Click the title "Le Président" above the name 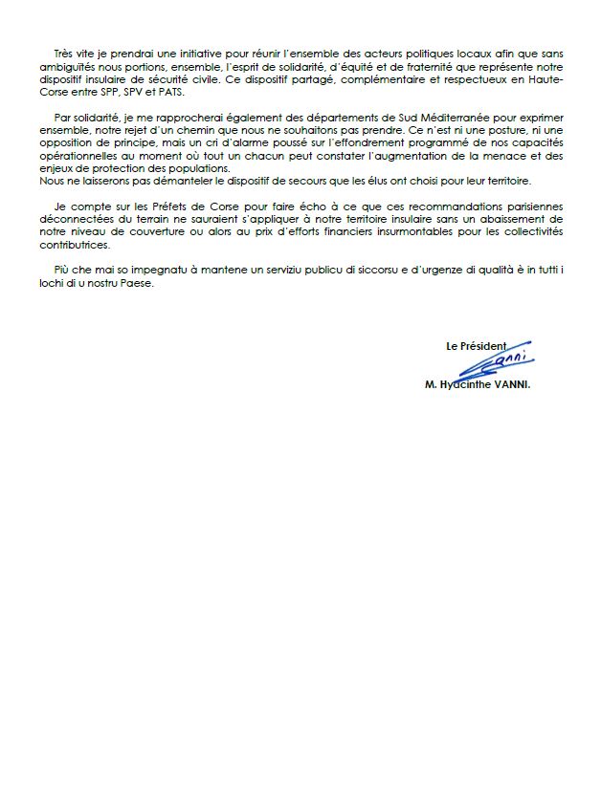click(x=476, y=344)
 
